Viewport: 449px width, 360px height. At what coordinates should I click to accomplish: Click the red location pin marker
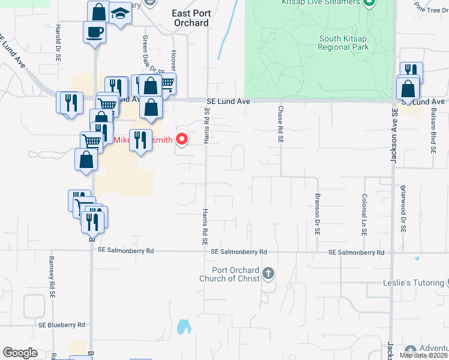coord(181,140)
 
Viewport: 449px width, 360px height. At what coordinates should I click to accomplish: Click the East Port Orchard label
coord(190,18)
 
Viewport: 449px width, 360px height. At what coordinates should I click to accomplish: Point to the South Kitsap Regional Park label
coord(342,42)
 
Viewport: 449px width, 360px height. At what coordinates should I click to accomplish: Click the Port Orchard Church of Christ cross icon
coord(268,274)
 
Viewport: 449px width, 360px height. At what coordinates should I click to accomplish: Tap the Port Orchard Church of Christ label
coord(231,274)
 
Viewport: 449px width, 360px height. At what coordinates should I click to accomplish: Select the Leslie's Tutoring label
coord(414,283)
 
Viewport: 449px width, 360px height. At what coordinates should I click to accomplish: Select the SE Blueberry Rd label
coord(62,325)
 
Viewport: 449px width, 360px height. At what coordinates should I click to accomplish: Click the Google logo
coord(20,353)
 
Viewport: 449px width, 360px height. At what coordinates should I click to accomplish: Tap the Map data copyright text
coord(423,355)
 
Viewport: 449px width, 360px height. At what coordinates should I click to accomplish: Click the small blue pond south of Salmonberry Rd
coord(184,327)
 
